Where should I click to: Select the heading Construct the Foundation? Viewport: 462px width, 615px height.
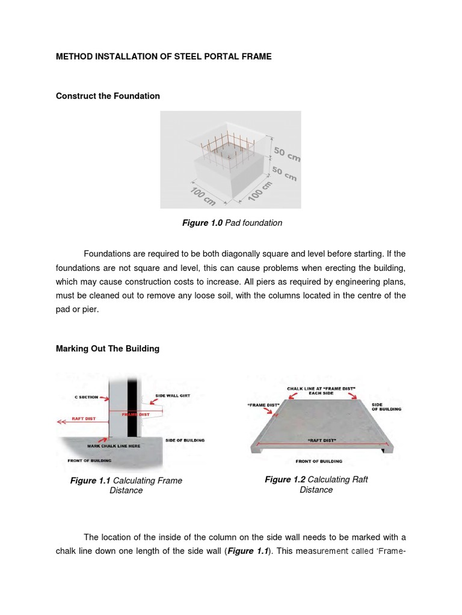[x=108, y=96]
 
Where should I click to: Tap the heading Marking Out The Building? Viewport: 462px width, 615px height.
[x=108, y=348]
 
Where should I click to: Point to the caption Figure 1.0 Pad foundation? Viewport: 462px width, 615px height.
[x=232, y=223]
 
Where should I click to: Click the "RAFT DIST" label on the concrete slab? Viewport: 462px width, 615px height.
[x=322, y=440]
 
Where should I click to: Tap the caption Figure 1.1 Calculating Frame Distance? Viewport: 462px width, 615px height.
[x=126, y=485]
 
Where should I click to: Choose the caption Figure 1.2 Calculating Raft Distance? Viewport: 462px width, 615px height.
[x=316, y=484]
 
